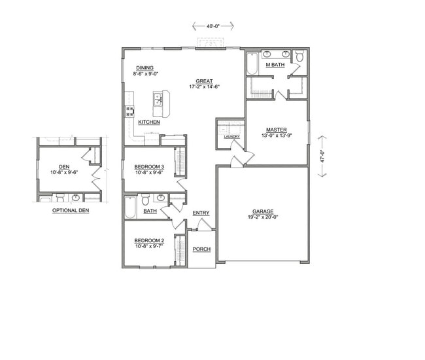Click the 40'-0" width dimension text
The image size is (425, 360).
pyautogui.click(x=213, y=27)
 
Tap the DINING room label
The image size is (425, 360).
pyautogui.click(x=145, y=68)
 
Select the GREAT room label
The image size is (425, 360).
pyautogui.click(x=204, y=81)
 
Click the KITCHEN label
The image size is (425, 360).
pyautogui.click(x=149, y=122)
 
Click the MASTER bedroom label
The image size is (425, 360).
pyautogui.click(x=276, y=129)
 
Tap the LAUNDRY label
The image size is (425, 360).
pyautogui.click(x=231, y=137)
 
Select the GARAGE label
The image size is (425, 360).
pyautogui.click(x=263, y=211)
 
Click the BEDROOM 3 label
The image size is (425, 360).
pyautogui.click(x=149, y=168)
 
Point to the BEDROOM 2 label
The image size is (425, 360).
pyautogui.click(x=149, y=241)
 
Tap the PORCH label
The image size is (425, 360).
pyautogui.click(x=201, y=249)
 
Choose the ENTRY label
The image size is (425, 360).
pyautogui.click(x=201, y=213)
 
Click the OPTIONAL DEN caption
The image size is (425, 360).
pyautogui.click(x=70, y=211)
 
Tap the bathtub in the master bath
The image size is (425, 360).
pyautogui.click(x=252, y=65)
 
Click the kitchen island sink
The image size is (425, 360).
pyautogui.click(x=158, y=99)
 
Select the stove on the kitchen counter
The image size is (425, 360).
pyautogui.click(x=129, y=111)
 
